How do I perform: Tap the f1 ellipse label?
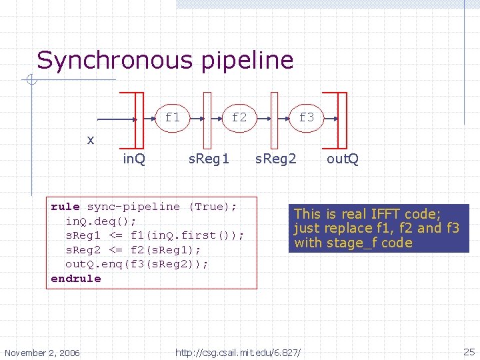[x=173, y=117]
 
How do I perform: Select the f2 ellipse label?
[x=239, y=117]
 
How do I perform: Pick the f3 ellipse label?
[x=307, y=117]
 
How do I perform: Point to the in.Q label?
[x=135, y=159]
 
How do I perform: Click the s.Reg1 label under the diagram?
[x=209, y=159]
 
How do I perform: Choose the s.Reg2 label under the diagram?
[x=277, y=159]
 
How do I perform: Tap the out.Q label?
[x=343, y=159]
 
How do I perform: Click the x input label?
[x=91, y=140]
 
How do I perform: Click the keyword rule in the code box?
[x=65, y=207]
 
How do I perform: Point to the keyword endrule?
[x=76, y=279]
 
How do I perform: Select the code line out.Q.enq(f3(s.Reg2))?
[x=137, y=264]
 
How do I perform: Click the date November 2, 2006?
[x=42, y=352]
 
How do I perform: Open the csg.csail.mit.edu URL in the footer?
[x=238, y=351]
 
